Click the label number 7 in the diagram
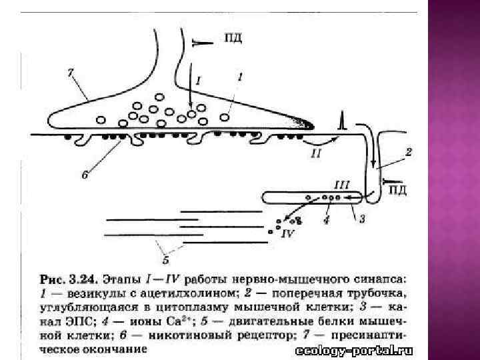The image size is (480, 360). tap(71, 71)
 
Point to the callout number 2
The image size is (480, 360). tap(408, 152)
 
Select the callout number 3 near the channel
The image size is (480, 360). tap(362, 218)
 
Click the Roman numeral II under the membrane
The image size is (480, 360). tap(315, 153)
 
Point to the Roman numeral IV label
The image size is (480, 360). tap(288, 234)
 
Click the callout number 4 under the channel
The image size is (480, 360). tap(325, 218)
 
